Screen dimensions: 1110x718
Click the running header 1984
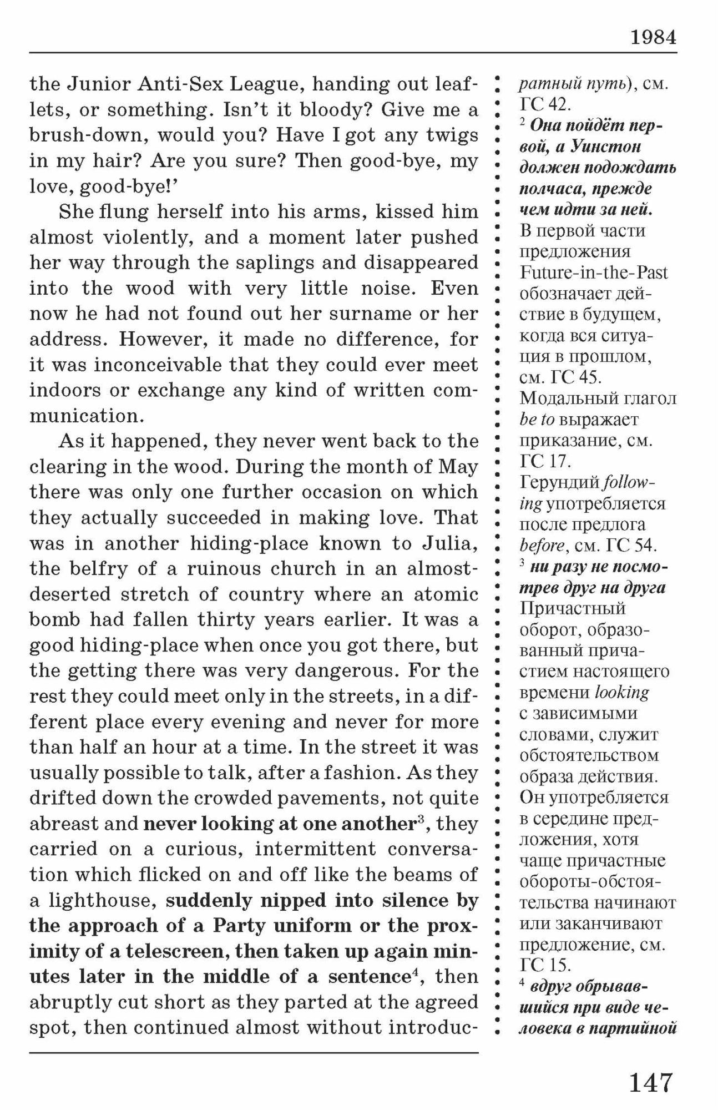653,37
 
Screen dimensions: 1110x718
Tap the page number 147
650,1082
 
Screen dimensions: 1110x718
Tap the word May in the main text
458,466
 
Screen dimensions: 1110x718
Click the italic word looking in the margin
621,692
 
